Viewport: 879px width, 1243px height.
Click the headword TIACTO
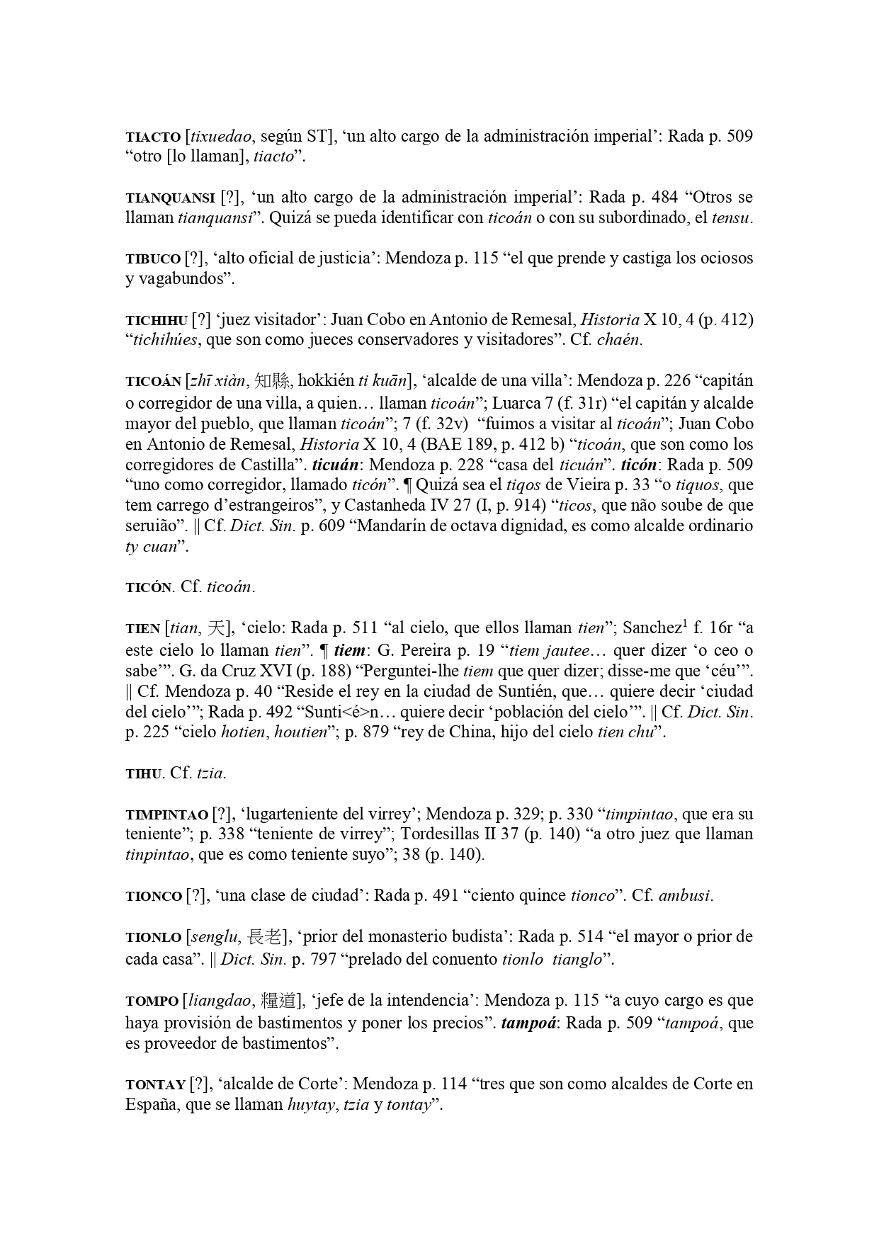coord(153,137)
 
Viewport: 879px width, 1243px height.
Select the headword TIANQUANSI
coord(170,198)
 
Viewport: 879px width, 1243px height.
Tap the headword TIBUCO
coord(153,259)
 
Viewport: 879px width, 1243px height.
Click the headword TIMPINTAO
coord(166,815)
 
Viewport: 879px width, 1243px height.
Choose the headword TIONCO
coord(154,897)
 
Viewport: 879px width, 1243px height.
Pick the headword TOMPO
coord(152,1001)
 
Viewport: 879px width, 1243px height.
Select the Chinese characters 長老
coord(266,937)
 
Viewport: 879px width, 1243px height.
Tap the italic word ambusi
coord(684,896)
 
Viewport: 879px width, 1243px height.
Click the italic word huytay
coord(310,1105)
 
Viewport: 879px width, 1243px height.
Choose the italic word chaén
coord(620,340)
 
